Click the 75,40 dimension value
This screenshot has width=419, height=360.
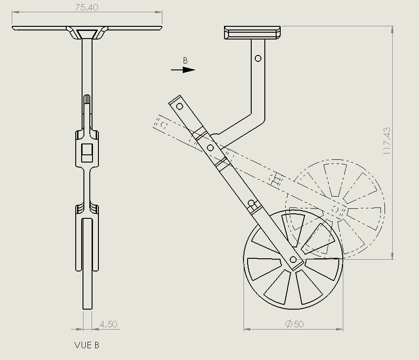[x=87, y=7]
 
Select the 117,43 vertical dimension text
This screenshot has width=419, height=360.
[x=387, y=141]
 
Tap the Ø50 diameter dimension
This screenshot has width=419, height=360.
[x=294, y=324]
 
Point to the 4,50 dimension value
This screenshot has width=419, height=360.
[x=108, y=324]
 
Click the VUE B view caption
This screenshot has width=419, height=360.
[x=87, y=345]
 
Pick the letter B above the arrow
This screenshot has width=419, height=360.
[x=185, y=61]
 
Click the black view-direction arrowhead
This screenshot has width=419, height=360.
[x=189, y=70]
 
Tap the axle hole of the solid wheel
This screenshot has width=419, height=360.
[x=293, y=259]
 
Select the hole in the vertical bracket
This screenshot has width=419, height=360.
[x=258, y=58]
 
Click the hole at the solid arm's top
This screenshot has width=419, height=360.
[x=180, y=106]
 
